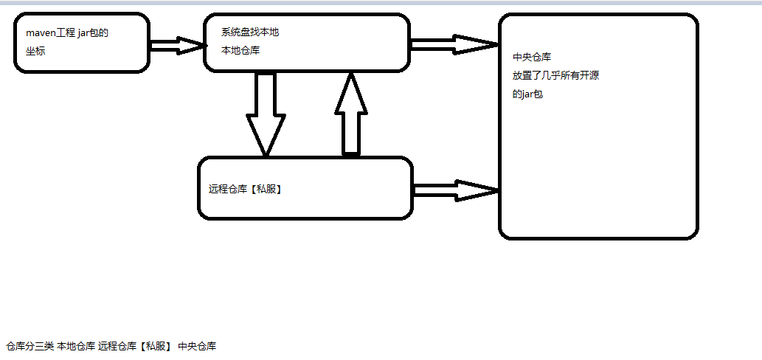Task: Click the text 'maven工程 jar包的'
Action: click(67, 32)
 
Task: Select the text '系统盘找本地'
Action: click(249, 32)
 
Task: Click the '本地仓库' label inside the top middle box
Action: click(240, 50)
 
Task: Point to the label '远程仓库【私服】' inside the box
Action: click(246, 189)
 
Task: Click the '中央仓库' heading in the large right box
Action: click(532, 57)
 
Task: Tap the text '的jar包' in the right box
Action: click(527, 94)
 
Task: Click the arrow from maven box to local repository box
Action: click(176, 46)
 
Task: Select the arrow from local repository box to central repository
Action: click(454, 44)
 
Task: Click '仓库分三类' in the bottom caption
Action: click(30, 346)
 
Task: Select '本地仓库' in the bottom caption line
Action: click(76, 346)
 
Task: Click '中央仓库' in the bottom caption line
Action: click(197, 346)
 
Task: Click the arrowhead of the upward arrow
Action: click(351, 94)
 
